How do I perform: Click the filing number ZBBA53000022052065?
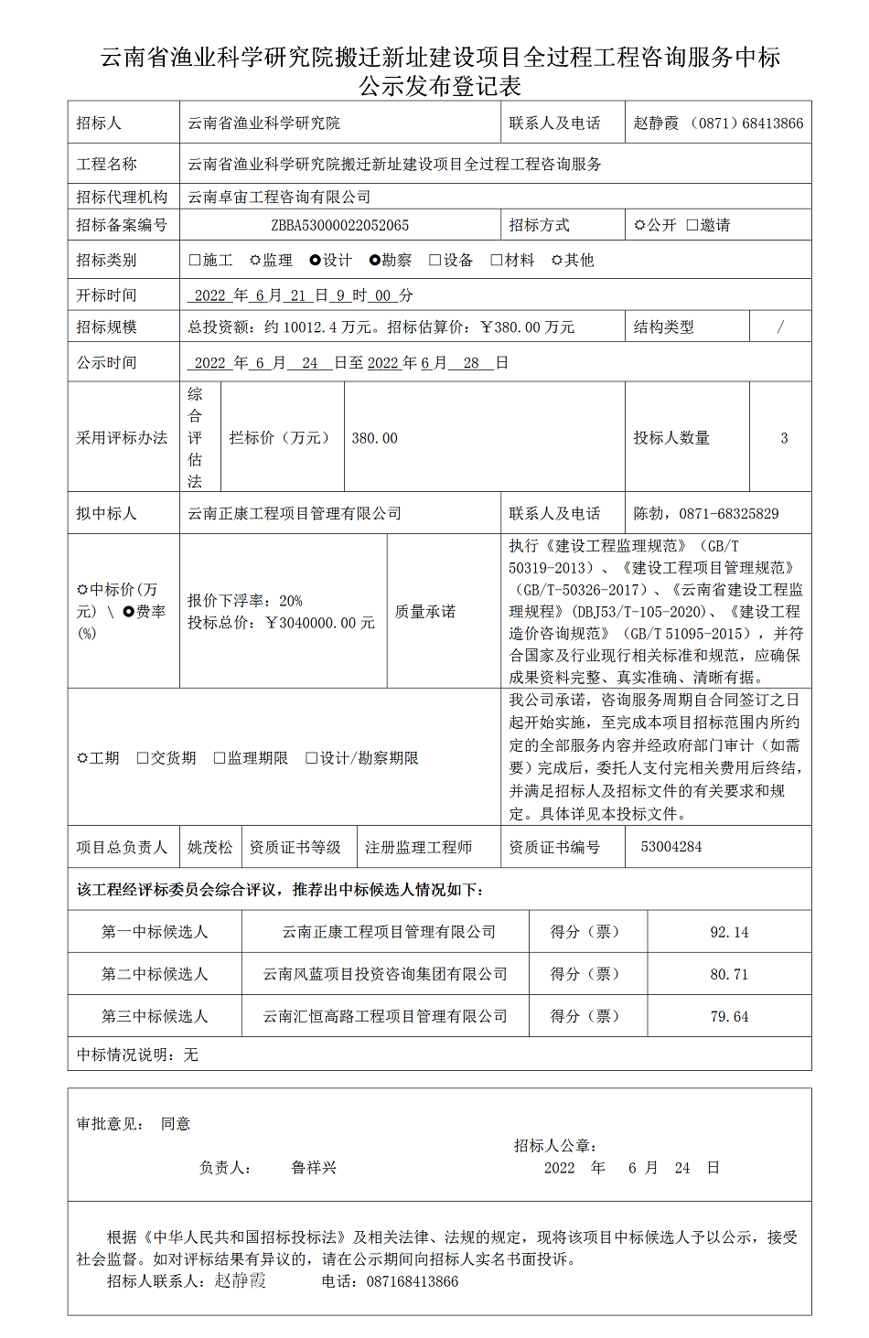[x=339, y=225]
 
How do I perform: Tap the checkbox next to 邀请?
[x=692, y=225]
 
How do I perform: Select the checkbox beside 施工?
[x=194, y=260]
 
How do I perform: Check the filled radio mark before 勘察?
[x=374, y=260]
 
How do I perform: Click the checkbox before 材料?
[x=497, y=260]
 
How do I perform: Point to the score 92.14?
[x=729, y=932]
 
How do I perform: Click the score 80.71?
[x=729, y=974]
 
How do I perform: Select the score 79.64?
[x=729, y=1016]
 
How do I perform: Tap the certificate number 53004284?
[x=671, y=847]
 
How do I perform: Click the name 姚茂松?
[x=210, y=848]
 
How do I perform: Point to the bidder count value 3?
[x=784, y=438]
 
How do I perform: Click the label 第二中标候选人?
[x=155, y=974]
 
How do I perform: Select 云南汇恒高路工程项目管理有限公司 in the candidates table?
[x=385, y=1016]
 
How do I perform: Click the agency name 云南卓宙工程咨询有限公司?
[x=279, y=197]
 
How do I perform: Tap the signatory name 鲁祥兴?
[x=314, y=1168]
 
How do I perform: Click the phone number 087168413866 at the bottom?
[x=413, y=1281]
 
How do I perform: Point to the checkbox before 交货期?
[x=143, y=758]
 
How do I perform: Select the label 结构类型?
[x=663, y=326]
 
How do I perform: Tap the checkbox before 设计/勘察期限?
[x=311, y=758]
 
